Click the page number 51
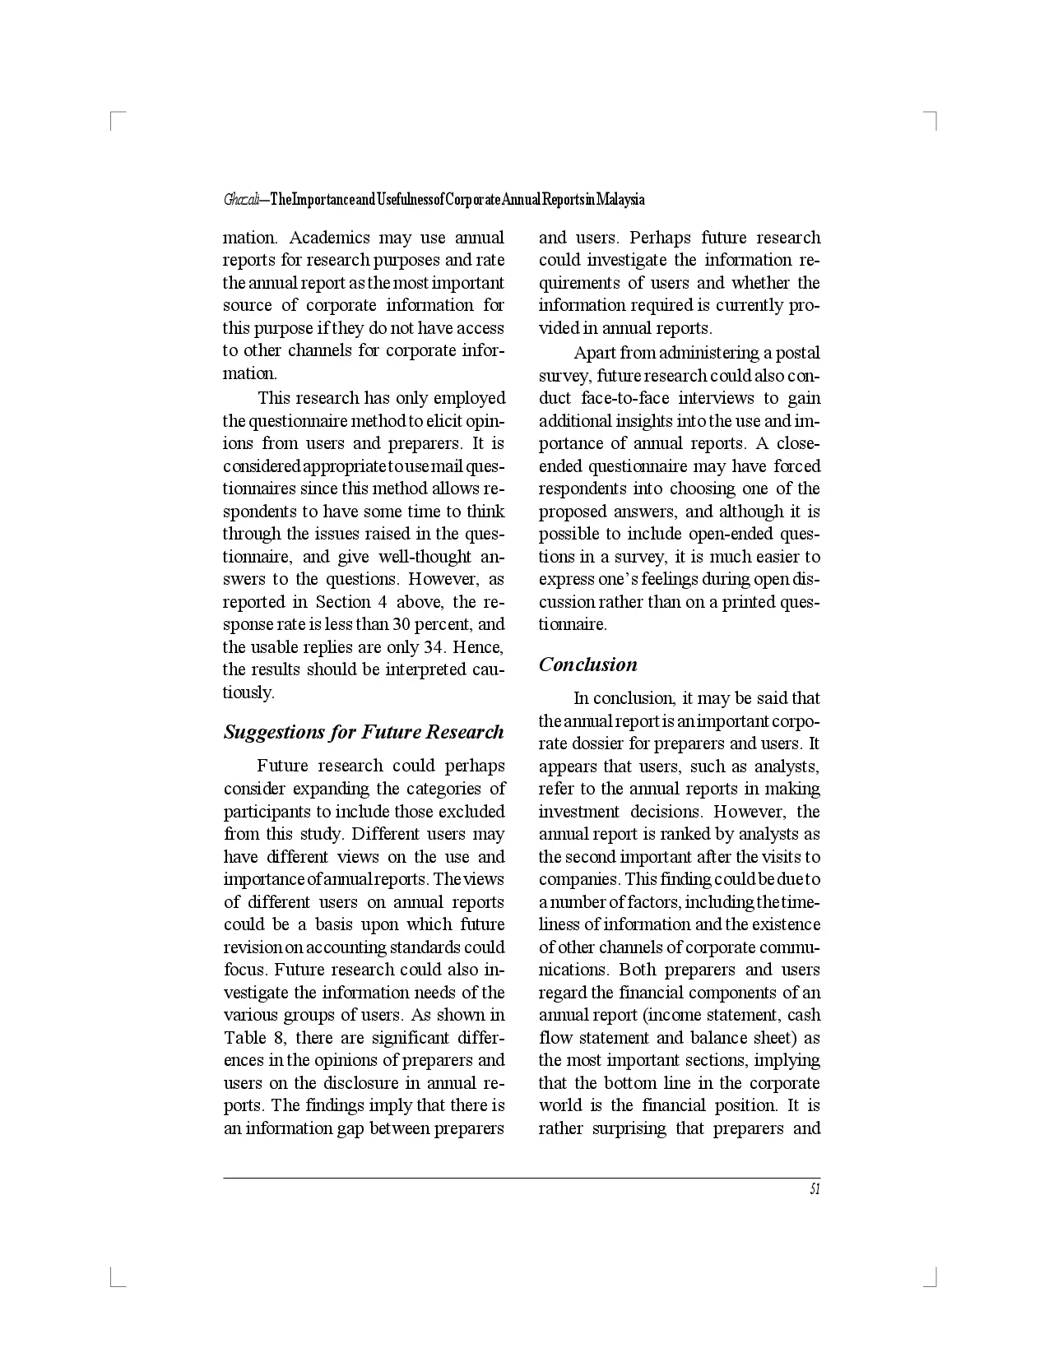(x=815, y=1189)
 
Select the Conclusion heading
(x=587, y=665)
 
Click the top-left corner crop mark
(x=114, y=117)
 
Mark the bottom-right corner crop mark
(x=933, y=1280)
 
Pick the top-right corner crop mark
(x=933, y=117)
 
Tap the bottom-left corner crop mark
(x=114, y=1280)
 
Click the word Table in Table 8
(x=245, y=1038)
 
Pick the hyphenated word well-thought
(x=425, y=557)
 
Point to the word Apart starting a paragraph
(x=594, y=353)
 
